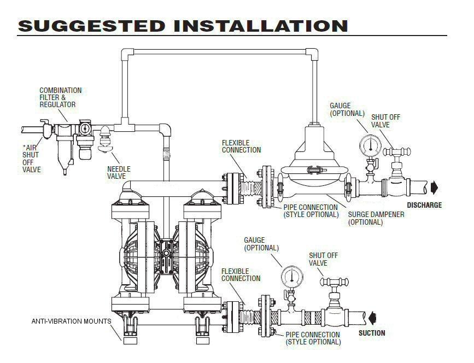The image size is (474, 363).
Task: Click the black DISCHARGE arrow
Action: pyautogui.click(x=435, y=188)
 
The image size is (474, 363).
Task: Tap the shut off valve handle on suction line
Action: pyautogui.click(x=332, y=282)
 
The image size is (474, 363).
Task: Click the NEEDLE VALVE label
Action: pyautogui.click(x=119, y=173)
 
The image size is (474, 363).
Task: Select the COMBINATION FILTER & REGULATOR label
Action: pyautogui.click(x=60, y=97)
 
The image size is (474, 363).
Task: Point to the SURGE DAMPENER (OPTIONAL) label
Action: pyautogui.click(x=376, y=218)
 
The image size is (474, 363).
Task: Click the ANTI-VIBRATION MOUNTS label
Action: pyautogui.click(x=71, y=321)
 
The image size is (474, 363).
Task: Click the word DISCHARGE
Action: pyautogui.click(x=424, y=206)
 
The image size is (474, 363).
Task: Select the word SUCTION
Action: pyautogui.click(x=372, y=333)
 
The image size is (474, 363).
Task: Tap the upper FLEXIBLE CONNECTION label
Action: pyautogui.click(x=241, y=146)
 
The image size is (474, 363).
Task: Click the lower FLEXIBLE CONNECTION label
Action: pyautogui.click(x=241, y=275)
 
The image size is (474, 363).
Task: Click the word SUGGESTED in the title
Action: pyautogui.click(x=90, y=25)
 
